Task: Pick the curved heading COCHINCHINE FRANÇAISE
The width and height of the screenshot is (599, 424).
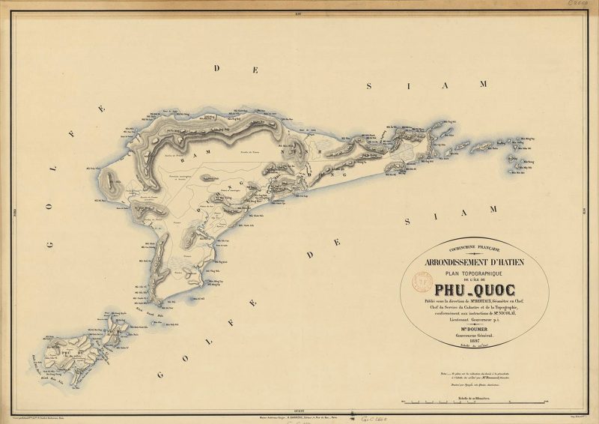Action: [x=474, y=249]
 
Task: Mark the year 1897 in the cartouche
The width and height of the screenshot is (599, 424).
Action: [x=475, y=342]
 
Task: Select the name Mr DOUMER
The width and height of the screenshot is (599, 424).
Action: [x=475, y=329]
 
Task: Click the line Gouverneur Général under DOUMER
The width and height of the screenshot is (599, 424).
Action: [x=475, y=336]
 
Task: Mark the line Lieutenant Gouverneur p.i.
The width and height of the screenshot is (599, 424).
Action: [x=475, y=320]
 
